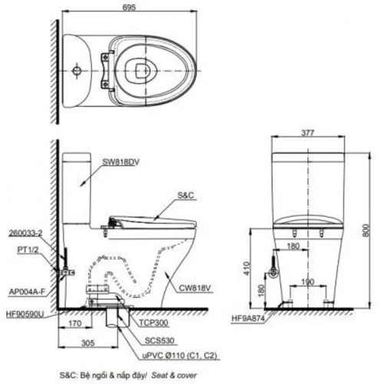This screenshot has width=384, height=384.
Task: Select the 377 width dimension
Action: [x=309, y=132]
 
